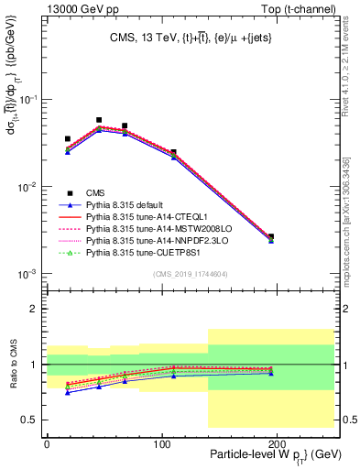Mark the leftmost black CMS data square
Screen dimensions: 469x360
(x=68, y=139)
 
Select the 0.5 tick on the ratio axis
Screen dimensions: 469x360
(x=32, y=420)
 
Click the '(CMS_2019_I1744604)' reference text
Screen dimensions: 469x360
(x=191, y=274)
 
